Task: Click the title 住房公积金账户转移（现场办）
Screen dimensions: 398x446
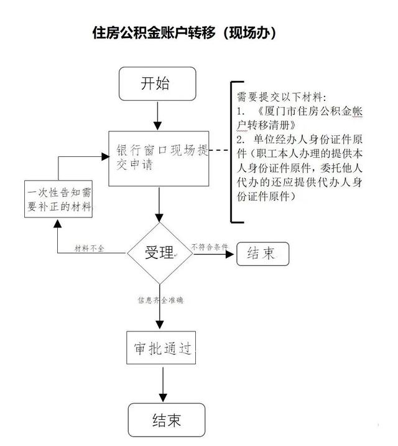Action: pyautogui.click(x=184, y=33)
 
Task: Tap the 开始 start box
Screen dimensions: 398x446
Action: pyautogui.click(x=157, y=83)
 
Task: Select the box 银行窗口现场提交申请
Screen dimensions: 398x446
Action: pyautogui.click(x=159, y=158)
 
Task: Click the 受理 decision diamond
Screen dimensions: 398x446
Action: pyautogui.click(x=160, y=253)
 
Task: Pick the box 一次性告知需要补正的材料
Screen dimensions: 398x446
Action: pyautogui.click(x=58, y=199)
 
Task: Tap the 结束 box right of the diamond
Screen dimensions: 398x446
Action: pyautogui.click(x=262, y=254)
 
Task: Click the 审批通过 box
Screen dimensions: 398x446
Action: pyautogui.click(x=161, y=348)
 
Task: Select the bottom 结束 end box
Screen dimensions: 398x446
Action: pyautogui.click(x=167, y=420)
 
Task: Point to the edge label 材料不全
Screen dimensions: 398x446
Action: pyautogui.click(x=89, y=249)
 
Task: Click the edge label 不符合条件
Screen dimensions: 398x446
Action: pyautogui.click(x=210, y=247)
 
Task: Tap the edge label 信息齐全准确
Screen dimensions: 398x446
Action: pyautogui.click(x=160, y=300)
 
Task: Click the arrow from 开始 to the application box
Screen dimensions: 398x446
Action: pyautogui.click(x=157, y=116)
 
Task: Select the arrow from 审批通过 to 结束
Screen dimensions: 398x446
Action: pyautogui.click(x=163, y=384)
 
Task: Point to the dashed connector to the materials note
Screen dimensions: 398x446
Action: pyautogui.click(x=219, y=149)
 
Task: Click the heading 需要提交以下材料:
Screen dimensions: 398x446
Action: pyautogui.click(x=282, y=97)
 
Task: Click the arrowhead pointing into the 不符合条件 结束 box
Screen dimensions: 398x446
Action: pyautogui.click(x=229, y=254)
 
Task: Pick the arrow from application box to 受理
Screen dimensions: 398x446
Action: pyautogui.click(x=159, y=204)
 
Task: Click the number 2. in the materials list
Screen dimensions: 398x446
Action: pyautogui.click(x=241, y=140)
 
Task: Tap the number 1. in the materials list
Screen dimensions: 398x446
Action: pyautogui.click(x=241, y=111)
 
